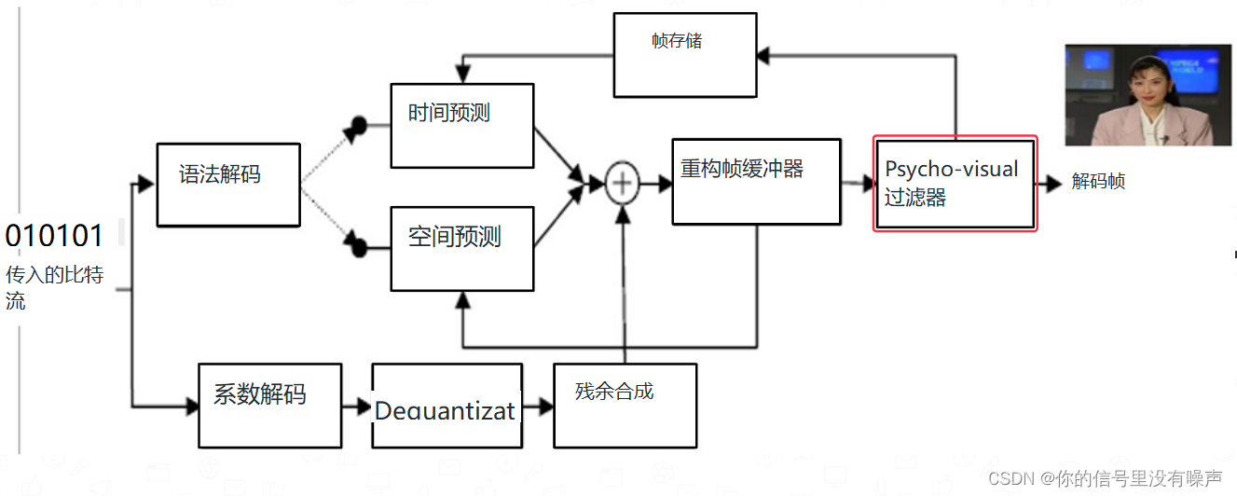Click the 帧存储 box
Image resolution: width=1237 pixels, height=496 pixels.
(x=685, y=55)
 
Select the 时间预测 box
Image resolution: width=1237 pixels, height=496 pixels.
(x=461, y=126)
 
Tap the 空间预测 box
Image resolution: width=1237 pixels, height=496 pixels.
(x=461, y=248)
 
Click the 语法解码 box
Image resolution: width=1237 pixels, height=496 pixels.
(x=228, y=185)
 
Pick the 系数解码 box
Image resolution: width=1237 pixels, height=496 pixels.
(x=269, y=406)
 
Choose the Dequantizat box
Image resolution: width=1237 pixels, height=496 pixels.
(x=445, y=406)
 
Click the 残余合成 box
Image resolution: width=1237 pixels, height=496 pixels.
(x=625, y=406)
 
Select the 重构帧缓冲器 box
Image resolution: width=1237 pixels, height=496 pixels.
(x=756, y=182)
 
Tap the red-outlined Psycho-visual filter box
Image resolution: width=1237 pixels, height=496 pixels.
(x=955, y=184)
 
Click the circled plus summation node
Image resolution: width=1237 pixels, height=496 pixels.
(x=622, y=184)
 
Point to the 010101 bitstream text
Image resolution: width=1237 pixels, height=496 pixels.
(x=54, y=236)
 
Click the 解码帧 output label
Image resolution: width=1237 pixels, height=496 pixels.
(x=1098, y=182)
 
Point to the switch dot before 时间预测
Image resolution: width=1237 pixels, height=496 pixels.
(x=357, y=126)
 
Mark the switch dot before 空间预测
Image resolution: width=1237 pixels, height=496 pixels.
(x=357, y=248)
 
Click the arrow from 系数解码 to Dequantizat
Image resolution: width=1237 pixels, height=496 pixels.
(x=357, y=406)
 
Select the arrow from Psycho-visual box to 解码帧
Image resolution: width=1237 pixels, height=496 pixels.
(x=1050, y=184)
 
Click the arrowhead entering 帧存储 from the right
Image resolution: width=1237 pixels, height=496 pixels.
(x=763, y=55)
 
